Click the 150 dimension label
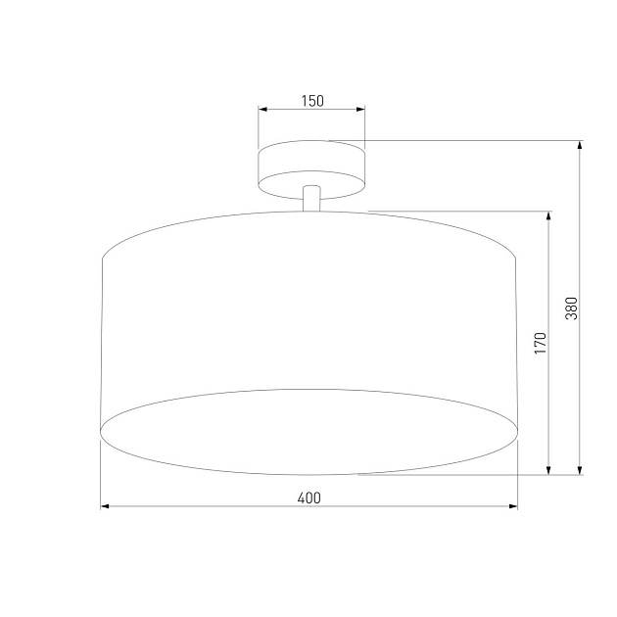pyautogui.click(x=311, y=101)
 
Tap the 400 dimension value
pyautogui.click(x=308, y=498)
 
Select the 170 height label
pyautogui.click(x=540, y=344)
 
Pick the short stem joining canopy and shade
pyautogui.click(x=311, y=197)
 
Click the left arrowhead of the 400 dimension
pyautogui.click(x=107, y=507)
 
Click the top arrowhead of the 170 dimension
pyautogui.click(x=548, y=215)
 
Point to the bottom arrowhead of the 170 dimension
pyautogui.click(x=548, y=470)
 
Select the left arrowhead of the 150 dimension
pyautogui.click(x=263, y=111)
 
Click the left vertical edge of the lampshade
pyautogui.click(x=103, y=343)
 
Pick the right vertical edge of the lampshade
pyautogui.click(x=517, y=343)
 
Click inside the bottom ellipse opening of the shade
pyautogui.click(x=309, y=431)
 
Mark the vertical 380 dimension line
pyautogui.click(x=581, y=392)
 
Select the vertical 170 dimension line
pyautogui.click(x=548, y=411)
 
